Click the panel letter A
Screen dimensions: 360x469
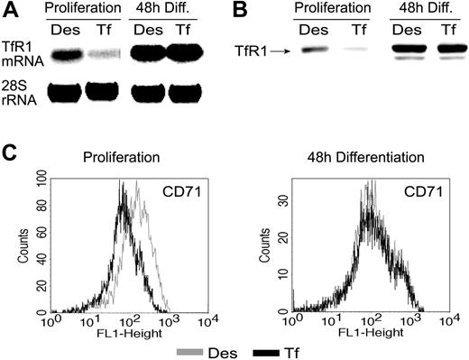[9, 12]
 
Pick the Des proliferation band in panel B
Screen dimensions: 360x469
[314, 51]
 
